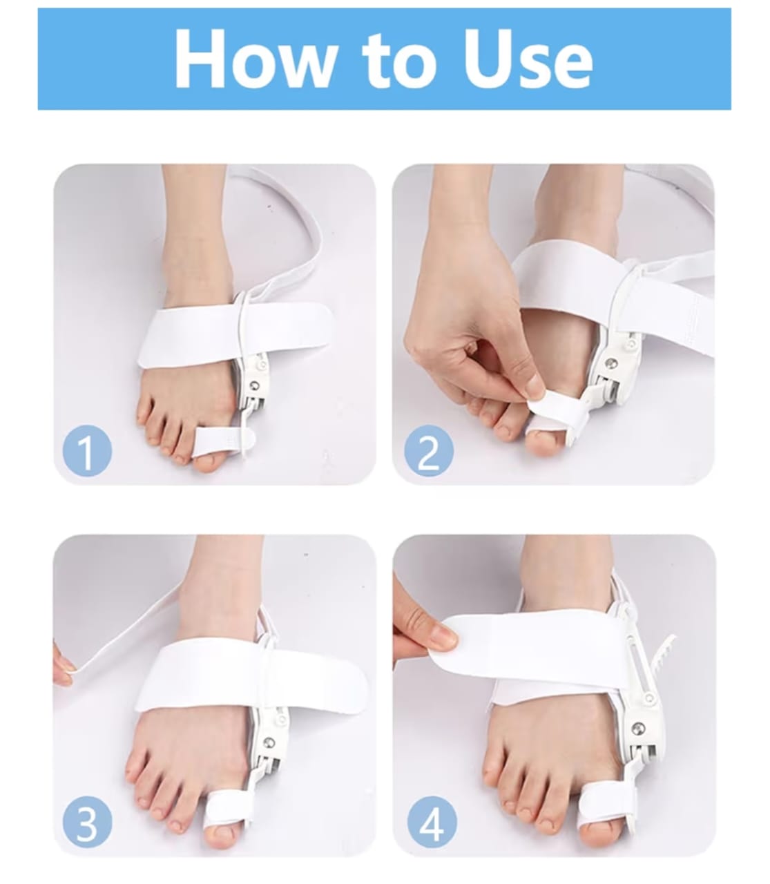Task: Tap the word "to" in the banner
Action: [x=399, y=61]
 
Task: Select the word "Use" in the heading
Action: [x=528, y=59]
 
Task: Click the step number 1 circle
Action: [x=87, y=450]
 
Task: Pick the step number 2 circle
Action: [x=429, y=450]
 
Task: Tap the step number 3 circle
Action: [x=87, y=823]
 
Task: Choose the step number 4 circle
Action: [x=432, y=823]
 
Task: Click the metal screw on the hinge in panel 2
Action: [x=610, y=362]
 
